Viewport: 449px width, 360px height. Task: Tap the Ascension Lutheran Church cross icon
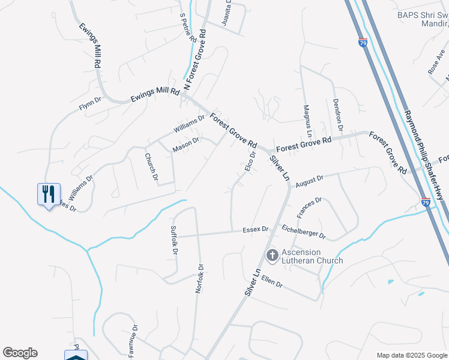coord(272,256)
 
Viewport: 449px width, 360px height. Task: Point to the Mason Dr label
coord(185,145)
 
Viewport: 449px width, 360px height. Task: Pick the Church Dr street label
coord(151,166)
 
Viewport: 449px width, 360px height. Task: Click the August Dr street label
coord(309,179)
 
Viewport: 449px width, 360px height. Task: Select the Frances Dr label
coord(310,208)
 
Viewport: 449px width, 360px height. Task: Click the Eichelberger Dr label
coord(303,231)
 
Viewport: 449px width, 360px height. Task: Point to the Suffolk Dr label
coord(174,239)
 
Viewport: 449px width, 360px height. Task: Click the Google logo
coord(20,353)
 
